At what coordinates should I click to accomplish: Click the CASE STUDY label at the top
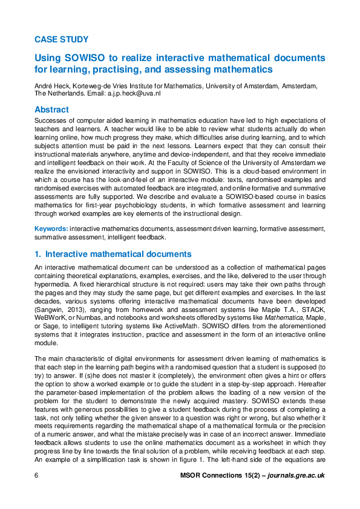62,39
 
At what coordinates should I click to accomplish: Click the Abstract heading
51,109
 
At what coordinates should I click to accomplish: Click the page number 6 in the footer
37,475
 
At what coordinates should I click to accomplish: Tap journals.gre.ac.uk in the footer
293,475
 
